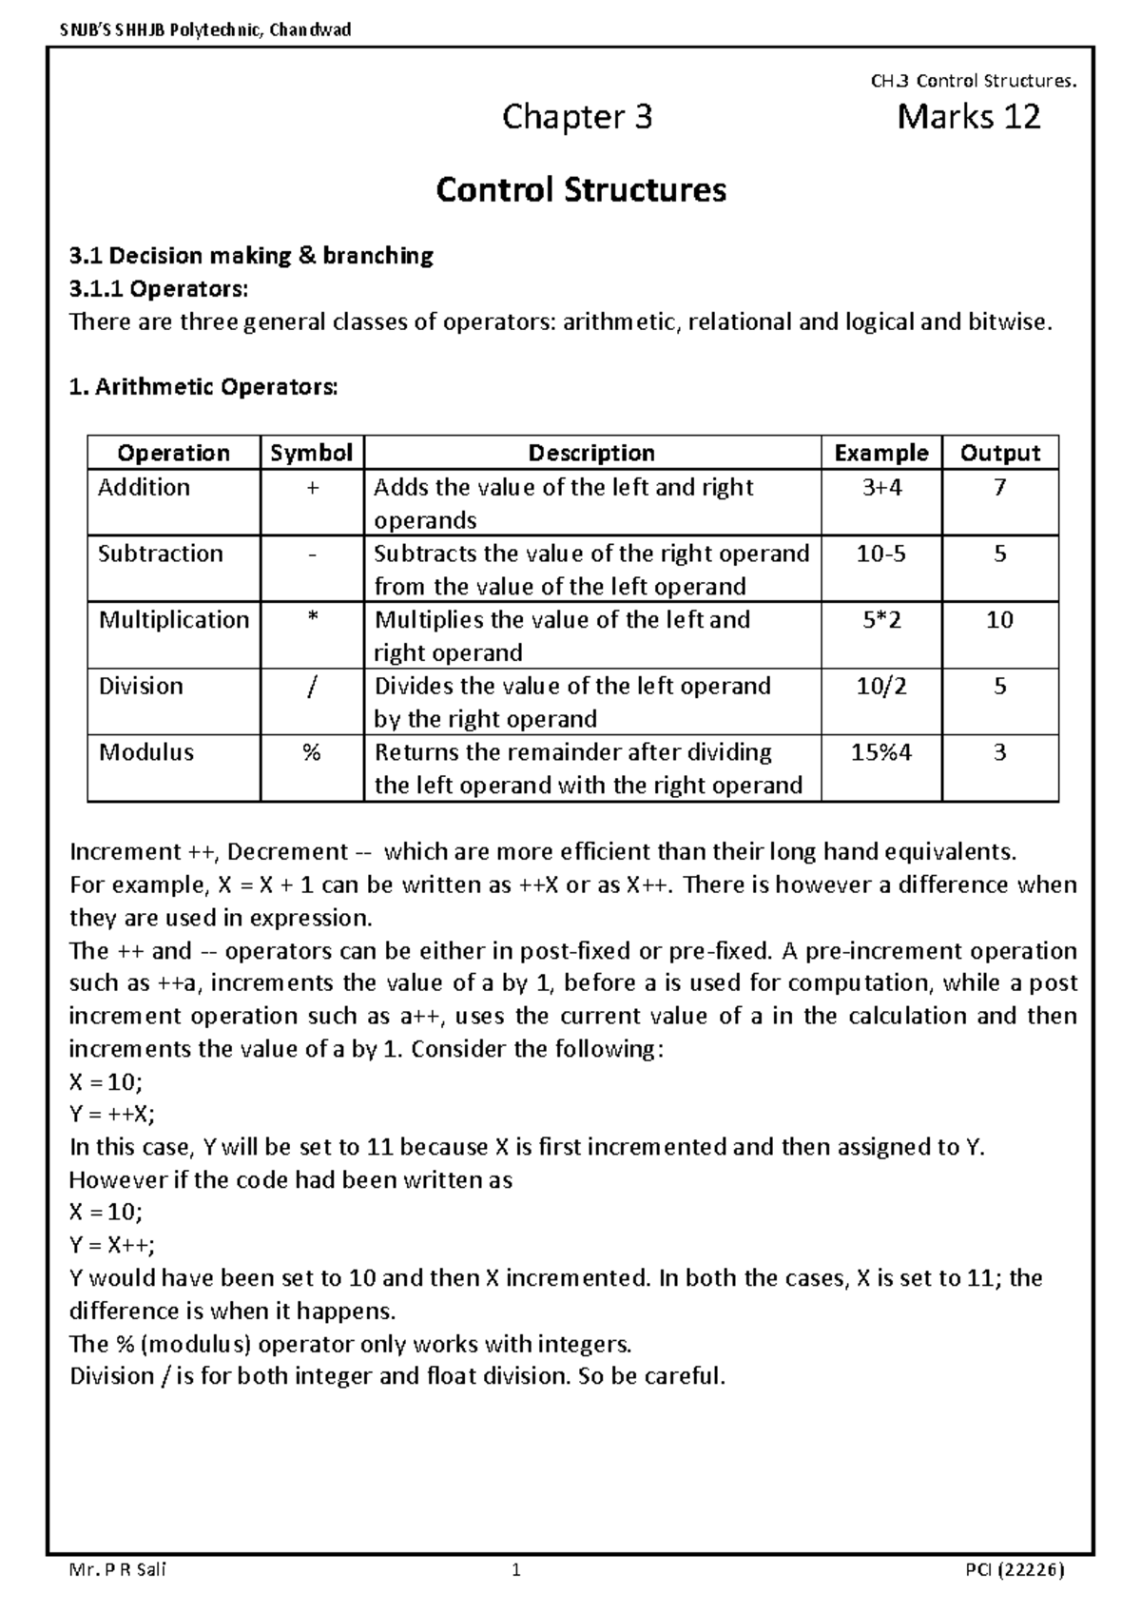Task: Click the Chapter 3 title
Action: point(577,117)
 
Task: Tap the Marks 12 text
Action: point(968,117)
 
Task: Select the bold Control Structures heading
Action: point(580,189)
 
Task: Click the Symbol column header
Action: point(311,453)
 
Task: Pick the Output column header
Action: point(999,453)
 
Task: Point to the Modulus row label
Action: point(145,752)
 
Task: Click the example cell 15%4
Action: point(880,752)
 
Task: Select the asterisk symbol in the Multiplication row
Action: point(311,619)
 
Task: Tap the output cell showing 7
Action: point(999,487)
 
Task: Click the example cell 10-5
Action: point(880,554)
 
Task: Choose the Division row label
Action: point(141,686)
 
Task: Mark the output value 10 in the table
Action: point(999,619)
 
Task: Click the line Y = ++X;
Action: point(112,1114)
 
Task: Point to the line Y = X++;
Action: point(112,1245)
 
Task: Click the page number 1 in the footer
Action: point(516,1570)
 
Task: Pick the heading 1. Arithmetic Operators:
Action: point(203,387)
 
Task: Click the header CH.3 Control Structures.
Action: point(974,81)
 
